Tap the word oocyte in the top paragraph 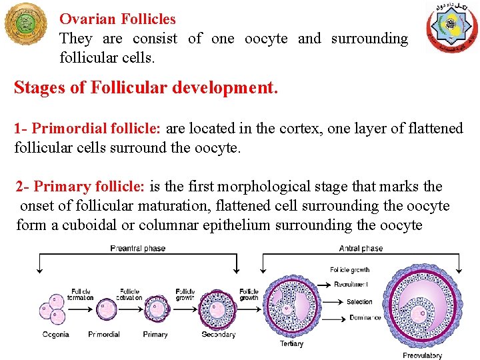[266, 39]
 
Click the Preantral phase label [138, 248]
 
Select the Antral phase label [361, 248]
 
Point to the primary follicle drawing [156, 309]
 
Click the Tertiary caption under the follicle [291, 344]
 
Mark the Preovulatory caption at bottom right [422, 355]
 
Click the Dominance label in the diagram [365, 317]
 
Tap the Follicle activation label [129, 294]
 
